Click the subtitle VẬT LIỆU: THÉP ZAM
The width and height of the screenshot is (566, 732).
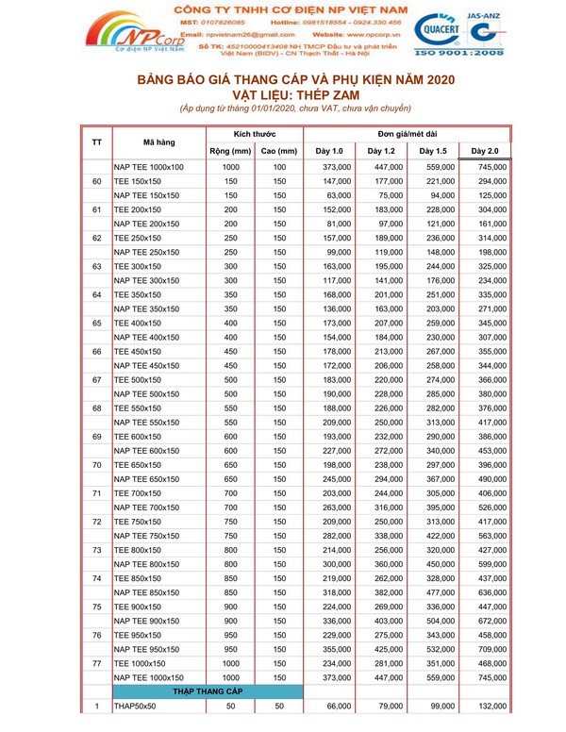click(x=295, y=96)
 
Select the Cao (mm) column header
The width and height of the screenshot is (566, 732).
click(x=279, y=151)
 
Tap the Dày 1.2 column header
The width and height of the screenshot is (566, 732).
click(x=381, y=151)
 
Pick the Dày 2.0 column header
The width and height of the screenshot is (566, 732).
click(x=485, y=151)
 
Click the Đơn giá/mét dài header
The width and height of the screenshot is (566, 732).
click(x=407, y=133)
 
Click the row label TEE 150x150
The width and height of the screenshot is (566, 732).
click(x=138, y=181)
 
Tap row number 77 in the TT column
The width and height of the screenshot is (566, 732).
click(x=97, y=663)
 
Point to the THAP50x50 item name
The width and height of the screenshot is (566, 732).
click(x=137, y=706)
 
